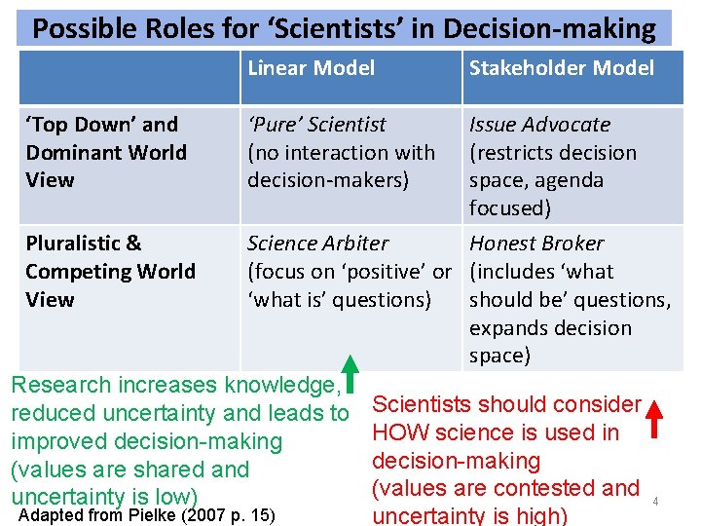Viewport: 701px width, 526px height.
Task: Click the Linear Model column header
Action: coord(311,68)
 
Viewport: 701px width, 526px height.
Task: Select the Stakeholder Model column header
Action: coord(562,68)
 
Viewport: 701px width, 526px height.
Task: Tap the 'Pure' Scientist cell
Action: coord(341,152)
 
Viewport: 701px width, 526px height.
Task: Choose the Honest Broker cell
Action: coord(570,298)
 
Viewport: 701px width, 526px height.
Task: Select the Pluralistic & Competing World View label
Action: coord(110,271)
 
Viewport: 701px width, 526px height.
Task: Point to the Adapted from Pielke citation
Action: coord(146,514)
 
